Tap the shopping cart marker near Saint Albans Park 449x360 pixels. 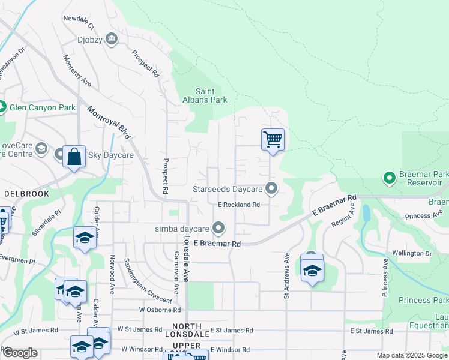click(x=273, y=140)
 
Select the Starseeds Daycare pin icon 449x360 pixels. click(x=271, y=189)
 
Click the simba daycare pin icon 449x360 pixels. click(x=219, y=229)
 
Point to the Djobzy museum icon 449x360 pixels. click(x=112, y=40)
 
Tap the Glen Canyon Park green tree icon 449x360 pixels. click(x=3, y=108)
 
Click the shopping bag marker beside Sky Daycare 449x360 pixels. click(x=74, y=157)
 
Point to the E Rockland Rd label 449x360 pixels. click(x=239, y=205)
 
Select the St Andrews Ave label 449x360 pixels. click(x=287, y=275)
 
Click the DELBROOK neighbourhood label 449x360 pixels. click(x=22, y=194)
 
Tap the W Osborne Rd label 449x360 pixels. click(x=160, y=310)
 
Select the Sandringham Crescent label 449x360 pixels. click(x=138, y=281)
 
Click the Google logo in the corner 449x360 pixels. click(x=20, y=353)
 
